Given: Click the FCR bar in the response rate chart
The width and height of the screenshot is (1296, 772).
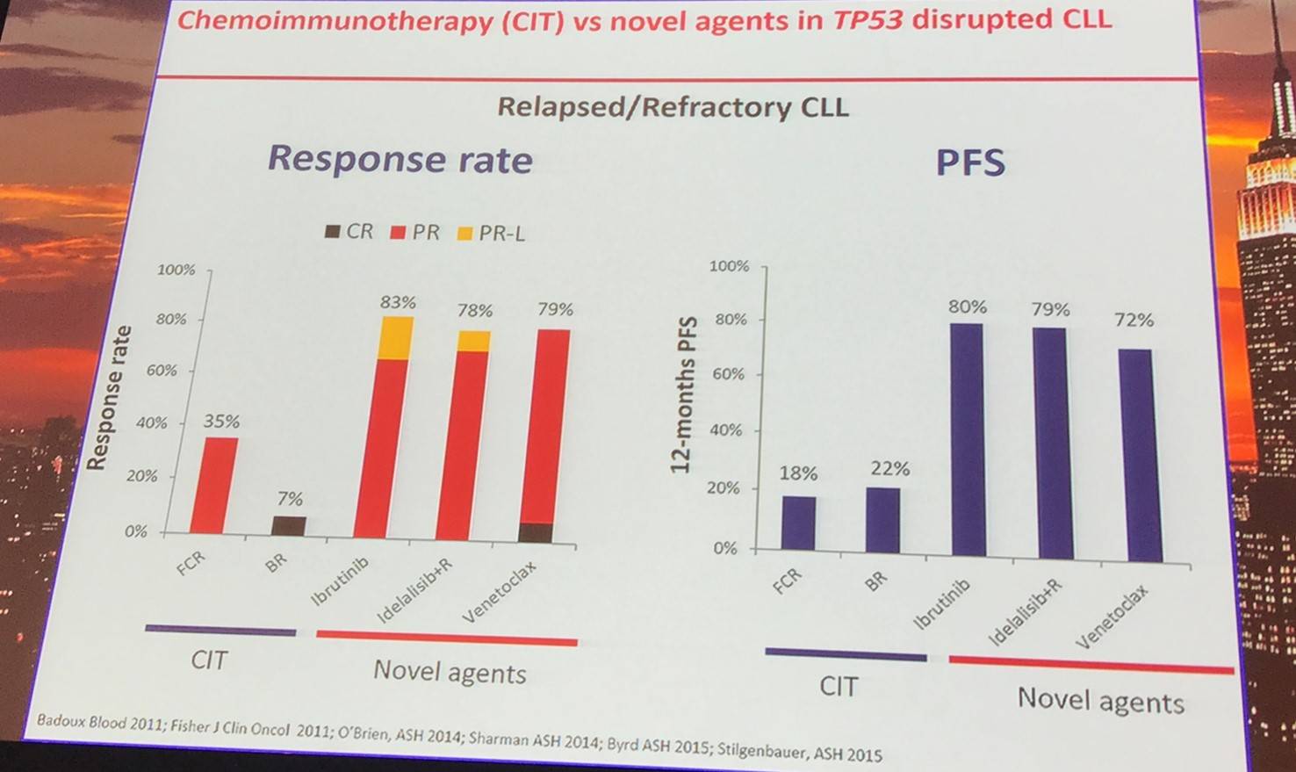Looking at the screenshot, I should (214, 485).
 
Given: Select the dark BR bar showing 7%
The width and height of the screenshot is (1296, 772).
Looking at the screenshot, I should (289, 525).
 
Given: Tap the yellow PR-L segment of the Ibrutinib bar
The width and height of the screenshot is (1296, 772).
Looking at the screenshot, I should (397, 338).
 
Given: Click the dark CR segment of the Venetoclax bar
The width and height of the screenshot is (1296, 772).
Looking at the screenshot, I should (536, 532).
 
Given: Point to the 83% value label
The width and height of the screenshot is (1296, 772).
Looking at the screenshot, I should (398, 302).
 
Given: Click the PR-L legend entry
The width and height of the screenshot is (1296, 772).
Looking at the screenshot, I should (492, 234).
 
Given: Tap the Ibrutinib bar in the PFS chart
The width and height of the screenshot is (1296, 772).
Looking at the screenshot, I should (967, 439).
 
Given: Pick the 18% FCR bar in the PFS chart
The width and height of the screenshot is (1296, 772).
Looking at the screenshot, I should (798, 523).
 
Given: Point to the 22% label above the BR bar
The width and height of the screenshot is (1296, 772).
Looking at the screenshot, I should (890, 469).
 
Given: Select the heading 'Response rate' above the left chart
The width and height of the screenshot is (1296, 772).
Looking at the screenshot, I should (400, 159).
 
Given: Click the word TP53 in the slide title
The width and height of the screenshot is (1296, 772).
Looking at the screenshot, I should (868, 19).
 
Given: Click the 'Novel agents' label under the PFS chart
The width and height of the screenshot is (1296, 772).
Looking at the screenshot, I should (1100, 701).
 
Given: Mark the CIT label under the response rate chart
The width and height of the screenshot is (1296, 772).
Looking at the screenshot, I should (209, 660).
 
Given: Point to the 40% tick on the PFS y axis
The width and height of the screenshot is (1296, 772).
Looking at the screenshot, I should (724, 430).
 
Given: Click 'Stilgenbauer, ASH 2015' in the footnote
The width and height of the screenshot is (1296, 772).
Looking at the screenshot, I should (799, 752).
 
